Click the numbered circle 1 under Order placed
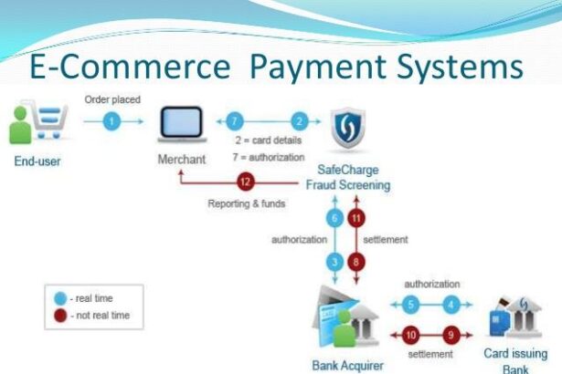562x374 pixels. pos(111,121)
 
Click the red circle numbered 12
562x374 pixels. pos(243,181)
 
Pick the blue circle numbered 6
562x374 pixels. pos(334,219)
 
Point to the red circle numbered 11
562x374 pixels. pos(356,219)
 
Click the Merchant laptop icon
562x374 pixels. pos(182,125)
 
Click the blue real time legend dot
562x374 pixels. pos(60,298)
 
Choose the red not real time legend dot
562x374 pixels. pos(60,315)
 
